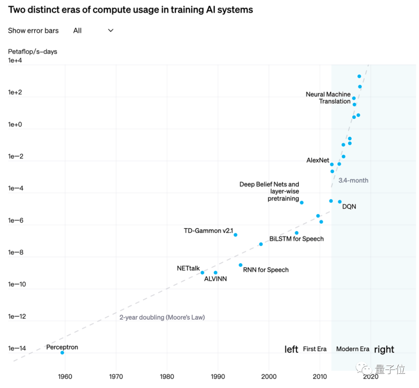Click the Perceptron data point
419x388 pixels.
[x=62, y=352]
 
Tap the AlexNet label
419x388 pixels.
[x=317, y=160]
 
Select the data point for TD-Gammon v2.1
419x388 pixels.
[x=235, y=235]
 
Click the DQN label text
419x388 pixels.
[x=349, y=207]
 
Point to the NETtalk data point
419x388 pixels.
[x=202, y=272]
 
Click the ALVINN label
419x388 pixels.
[x=215, y=279]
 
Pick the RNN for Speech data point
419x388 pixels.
[x=241, y=265]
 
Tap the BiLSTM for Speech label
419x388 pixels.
[x=296, y=239]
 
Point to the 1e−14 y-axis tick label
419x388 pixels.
[x=17, y=348]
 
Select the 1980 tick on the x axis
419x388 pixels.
[x=167, y=376]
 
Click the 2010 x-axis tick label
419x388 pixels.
[x=320, y=376]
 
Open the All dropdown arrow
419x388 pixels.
[x=111, y=30]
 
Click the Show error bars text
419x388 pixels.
[x=33, y=31]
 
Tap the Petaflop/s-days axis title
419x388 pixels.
[x=33, y=51]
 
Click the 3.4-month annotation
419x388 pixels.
[x=353, y=180]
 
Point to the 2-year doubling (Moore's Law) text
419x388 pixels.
[x=162, y=317]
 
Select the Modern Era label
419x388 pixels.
[x=353, y=349]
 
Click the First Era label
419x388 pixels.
[x=315, y=349]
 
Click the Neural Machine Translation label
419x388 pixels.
[x=328, y=98]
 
